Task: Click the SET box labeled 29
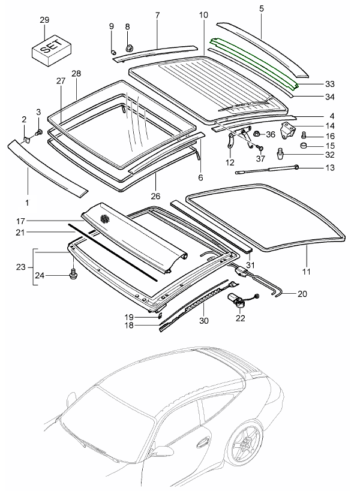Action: pos(50,47)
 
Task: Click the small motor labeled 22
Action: pos(239,300)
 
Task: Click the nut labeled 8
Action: pos(128,46)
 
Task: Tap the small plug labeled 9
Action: pos(112,51)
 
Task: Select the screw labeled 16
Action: pos(304,135)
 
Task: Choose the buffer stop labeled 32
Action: pos(279,155)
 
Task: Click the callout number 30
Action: pos(205,321)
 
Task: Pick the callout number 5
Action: pos(262,8)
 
